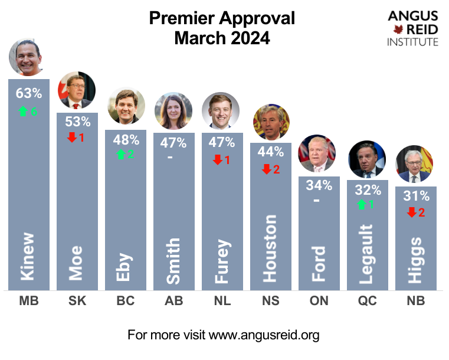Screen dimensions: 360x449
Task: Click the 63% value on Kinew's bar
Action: click(29, 93)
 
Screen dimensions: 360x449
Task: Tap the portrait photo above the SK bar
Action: click(76, 90)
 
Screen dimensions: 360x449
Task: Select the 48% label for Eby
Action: click(126, 140)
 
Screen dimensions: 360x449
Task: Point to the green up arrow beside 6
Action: click(23, 111)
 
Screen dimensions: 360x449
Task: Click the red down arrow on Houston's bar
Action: click(266, 169)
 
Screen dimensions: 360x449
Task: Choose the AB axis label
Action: click(174, 301)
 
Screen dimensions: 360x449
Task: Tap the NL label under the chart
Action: click(222, 301)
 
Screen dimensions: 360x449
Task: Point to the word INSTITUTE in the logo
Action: click(412, 42)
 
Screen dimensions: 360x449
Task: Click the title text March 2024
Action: click(222, 38)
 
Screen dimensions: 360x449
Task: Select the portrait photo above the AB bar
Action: click(173, 110)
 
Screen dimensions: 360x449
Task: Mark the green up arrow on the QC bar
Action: click(361, 205)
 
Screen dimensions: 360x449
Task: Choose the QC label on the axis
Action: click(368, 301)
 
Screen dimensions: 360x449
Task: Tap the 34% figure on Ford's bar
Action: click(319, 185)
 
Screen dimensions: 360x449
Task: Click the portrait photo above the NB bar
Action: click(415, 164)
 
